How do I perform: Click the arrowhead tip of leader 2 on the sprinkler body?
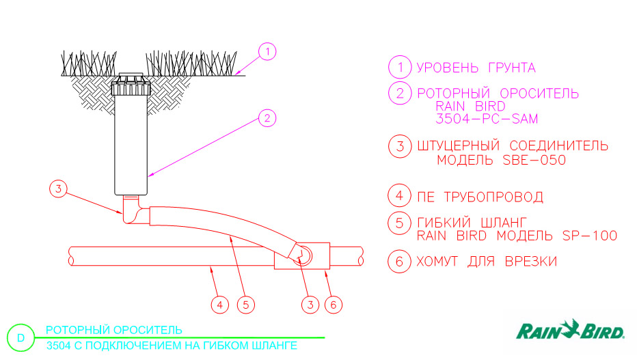click(148, 176)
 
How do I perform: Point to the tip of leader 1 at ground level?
click(235, 74)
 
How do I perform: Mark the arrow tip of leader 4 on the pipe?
click(210, 266)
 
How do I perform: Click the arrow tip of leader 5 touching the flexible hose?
click(230, 236)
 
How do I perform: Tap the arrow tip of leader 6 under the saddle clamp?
click(325, 271)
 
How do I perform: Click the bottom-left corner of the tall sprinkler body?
click(115, 195)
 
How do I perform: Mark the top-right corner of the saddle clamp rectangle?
click(329, 243)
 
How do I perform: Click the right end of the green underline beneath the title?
click(325, 337)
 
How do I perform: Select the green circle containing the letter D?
click(21, 337)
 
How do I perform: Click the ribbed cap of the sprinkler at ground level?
click(131, 85)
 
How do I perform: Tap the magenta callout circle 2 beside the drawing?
click(267, 118)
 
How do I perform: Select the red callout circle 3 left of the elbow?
click(58, 189)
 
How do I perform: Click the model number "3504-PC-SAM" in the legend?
click(487, 119)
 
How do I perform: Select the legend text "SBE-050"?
click(534, 160)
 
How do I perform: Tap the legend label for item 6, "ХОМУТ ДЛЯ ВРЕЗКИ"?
click(487, 262)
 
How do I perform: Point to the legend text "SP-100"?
click(589, 236)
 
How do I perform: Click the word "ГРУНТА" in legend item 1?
click(512, 68)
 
